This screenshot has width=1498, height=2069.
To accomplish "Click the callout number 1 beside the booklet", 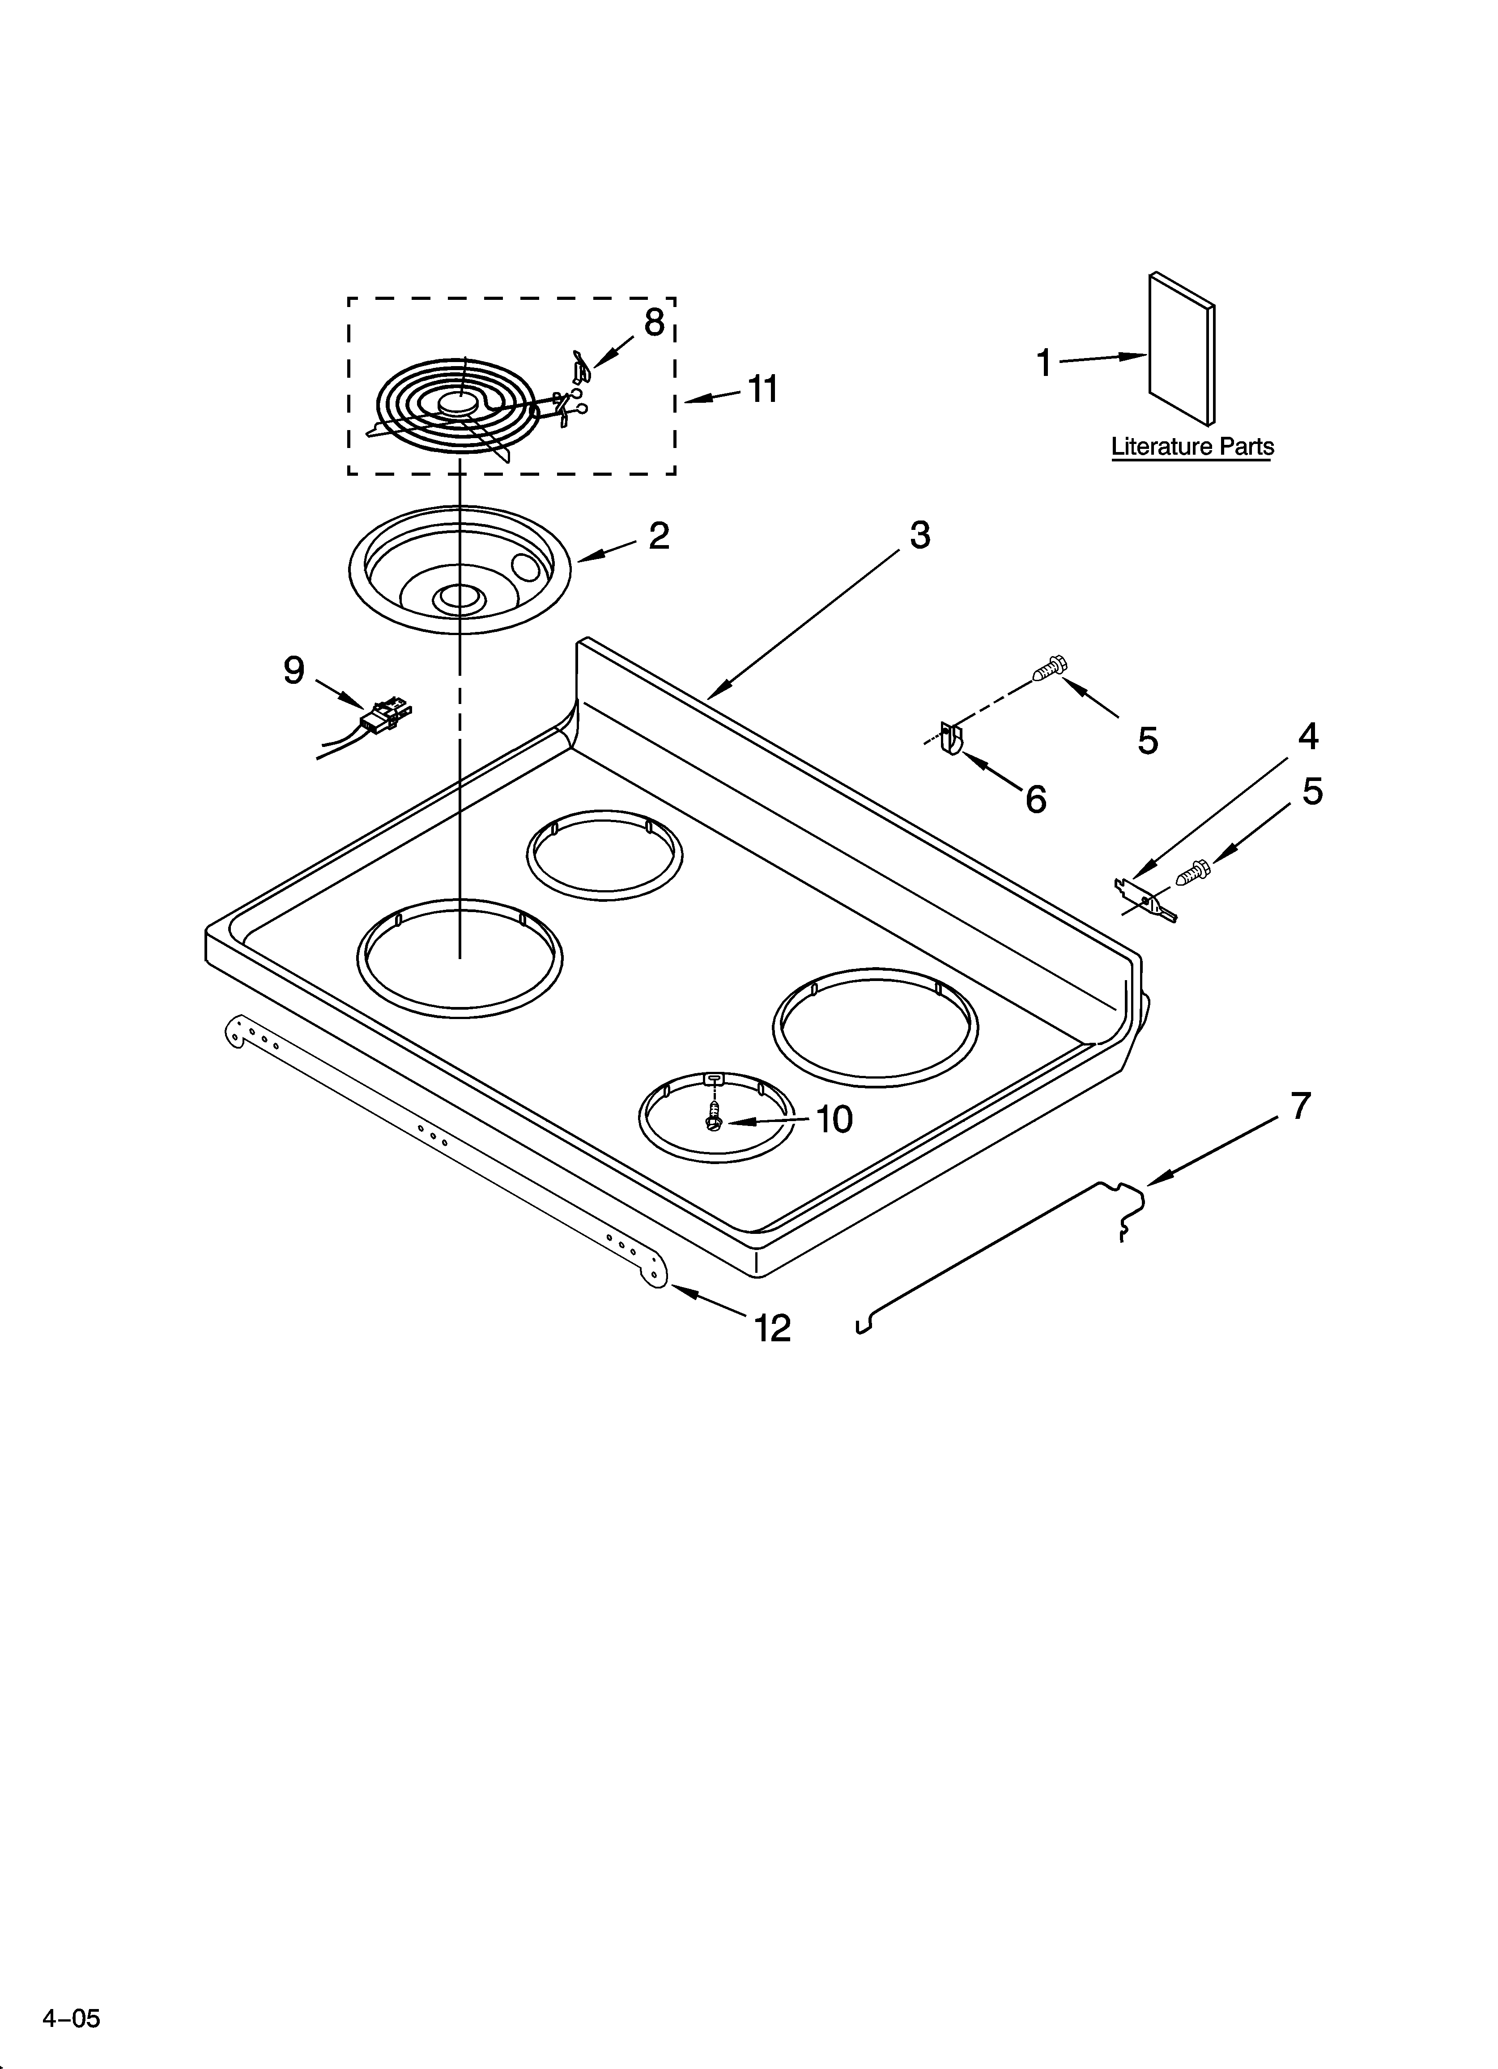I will coord(1045,363).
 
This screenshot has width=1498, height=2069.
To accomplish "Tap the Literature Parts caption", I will coord(1192,447).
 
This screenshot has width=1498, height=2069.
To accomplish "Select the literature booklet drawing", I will coord(1181,350).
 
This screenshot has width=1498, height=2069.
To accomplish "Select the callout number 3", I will coord(919,536).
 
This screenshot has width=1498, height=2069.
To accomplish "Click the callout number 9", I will coord(294,670).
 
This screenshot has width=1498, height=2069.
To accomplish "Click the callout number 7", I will coord(1300,1105).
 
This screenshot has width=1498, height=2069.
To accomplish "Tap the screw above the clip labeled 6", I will coord(1049,669).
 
